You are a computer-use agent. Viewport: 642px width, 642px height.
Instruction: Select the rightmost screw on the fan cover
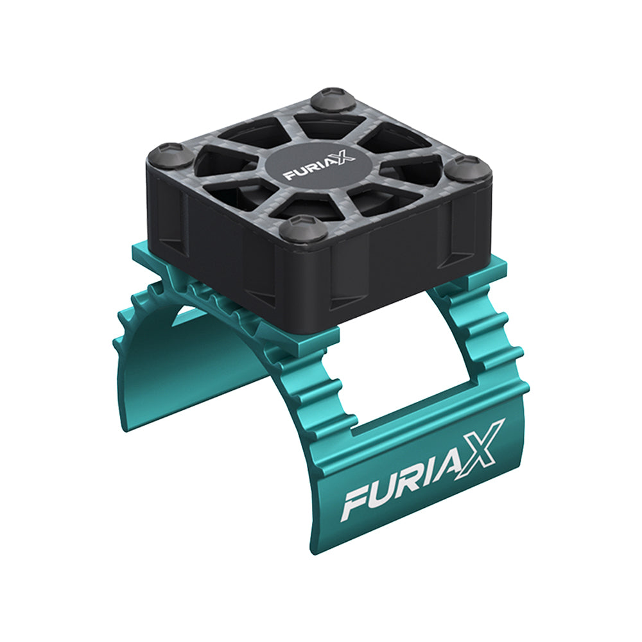[x=467, y=169]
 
